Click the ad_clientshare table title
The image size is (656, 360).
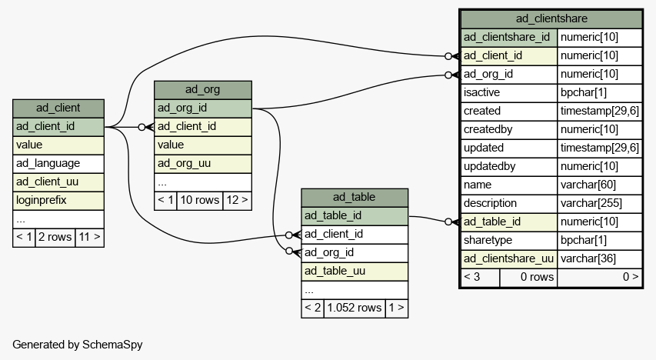tap(551, 18)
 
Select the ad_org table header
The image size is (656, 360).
tap(203, 89)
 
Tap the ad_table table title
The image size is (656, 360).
tap(355, 197)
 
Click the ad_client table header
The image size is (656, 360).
tap(58, 108)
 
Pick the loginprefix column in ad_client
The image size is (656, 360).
tap(58, 200)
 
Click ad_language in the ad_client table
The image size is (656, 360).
tap(58, 163)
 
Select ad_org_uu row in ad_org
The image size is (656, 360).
tap(203, 163)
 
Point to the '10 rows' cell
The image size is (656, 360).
tap(199, 200)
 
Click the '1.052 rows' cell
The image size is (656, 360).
tap(355, 308)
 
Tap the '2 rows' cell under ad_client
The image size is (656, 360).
tap(55, 237)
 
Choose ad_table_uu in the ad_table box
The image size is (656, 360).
tap(355, 271)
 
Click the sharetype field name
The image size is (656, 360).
tap(509, 240)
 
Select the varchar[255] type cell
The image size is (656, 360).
tap(600, 203)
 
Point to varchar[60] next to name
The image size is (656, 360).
tap(600, 185)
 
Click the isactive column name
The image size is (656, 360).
tap(509, 92)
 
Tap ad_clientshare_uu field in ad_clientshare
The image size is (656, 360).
tap(509, 258)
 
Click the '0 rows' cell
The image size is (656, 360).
tap(528, 277)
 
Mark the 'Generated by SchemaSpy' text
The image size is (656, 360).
tap(78, 345)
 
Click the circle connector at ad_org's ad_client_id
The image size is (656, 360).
tap(142, 127)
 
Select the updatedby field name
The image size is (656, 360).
tap(509, 167)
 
